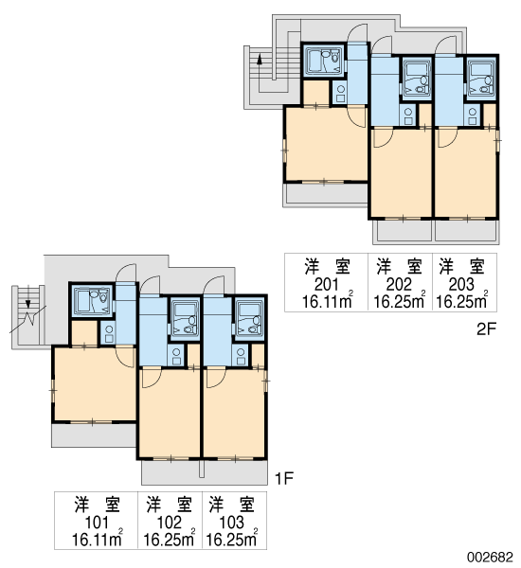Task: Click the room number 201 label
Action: (326, 285)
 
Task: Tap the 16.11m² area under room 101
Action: (98, 539)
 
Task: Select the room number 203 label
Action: (461, 285)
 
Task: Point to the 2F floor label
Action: (486, 329)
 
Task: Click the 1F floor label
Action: (284, 479)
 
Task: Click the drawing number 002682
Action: (490, 557)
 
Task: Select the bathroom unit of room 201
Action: (324, 61)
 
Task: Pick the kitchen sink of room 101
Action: (109, 334)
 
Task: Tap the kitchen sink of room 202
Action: (408, 115)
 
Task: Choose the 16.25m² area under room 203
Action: (461, 301)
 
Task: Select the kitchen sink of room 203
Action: (472, 115)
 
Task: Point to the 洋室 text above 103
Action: (232, 505)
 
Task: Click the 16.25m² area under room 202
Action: (399, 301)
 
